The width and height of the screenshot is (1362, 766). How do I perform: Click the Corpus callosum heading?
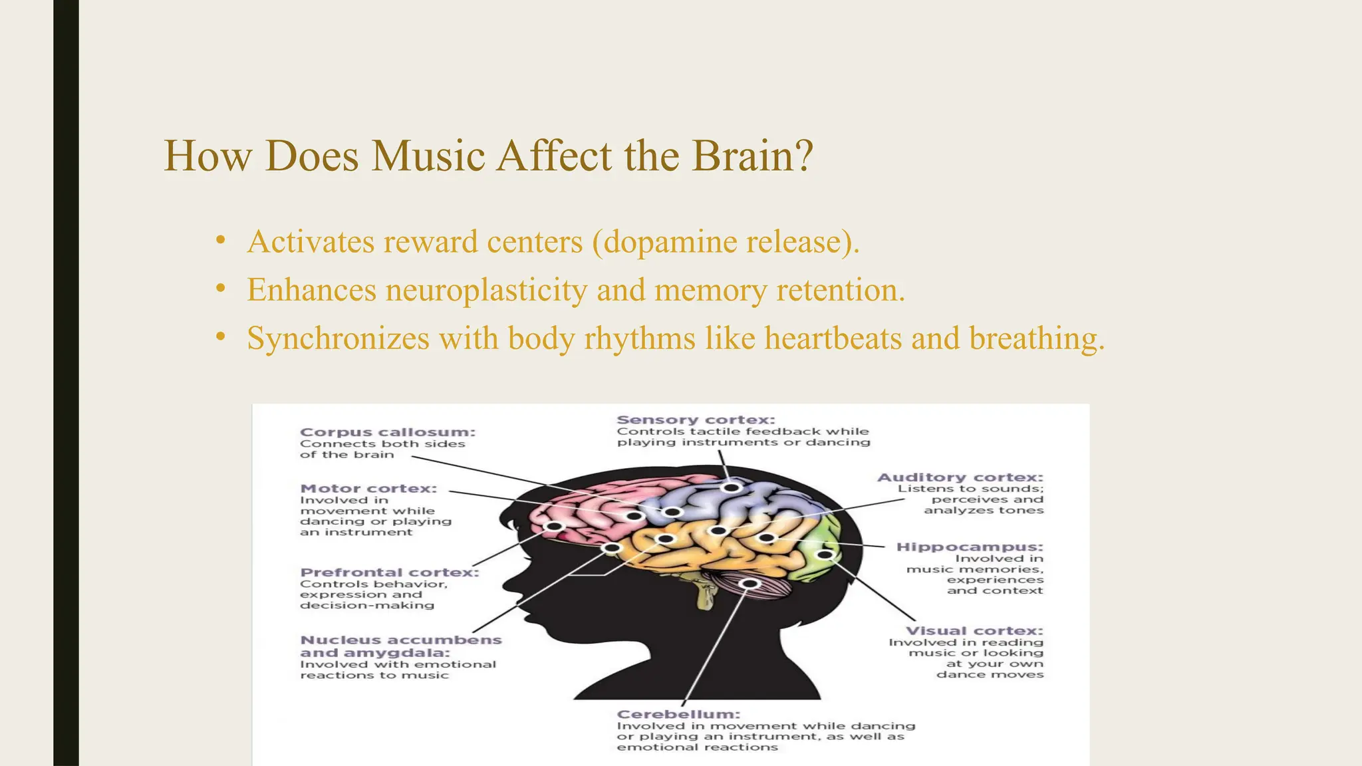388,432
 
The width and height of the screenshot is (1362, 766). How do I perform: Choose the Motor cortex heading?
368,489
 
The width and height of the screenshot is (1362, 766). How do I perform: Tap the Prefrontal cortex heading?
389,573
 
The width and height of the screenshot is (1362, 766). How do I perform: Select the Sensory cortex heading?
696,420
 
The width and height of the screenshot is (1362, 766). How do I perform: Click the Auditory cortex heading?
960,477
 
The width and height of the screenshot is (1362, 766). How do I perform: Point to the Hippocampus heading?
970,547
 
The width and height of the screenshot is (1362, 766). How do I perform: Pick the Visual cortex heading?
974,631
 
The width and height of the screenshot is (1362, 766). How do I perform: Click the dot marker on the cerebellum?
750,584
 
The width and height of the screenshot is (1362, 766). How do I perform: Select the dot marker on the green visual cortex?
825,554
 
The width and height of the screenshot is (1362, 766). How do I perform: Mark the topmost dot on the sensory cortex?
732,487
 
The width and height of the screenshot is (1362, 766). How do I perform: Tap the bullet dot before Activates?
221,241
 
